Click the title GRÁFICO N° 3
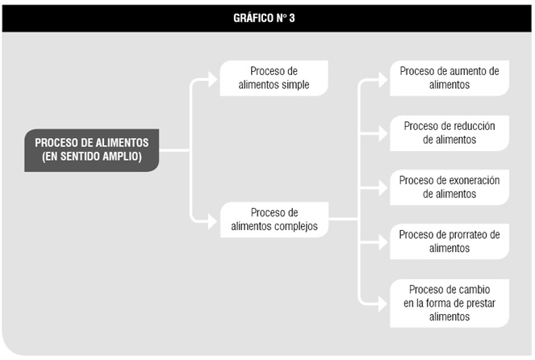click(x=264, y=18)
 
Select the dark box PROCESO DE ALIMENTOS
click(x=92, y=150)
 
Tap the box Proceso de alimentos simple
click(x=274, y=78)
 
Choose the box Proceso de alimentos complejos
click(x=274, y=220)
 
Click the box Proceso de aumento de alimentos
click(x=449, y=78)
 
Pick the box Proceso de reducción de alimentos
click(x=449, y=133)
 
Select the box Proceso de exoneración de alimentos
click(x=449, y=187)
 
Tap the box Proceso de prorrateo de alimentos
click(x=449, y=241)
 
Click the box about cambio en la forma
click(x=449, y=303)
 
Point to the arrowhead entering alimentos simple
click(x=213, y=80)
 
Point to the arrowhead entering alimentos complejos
click(x=213, y=221)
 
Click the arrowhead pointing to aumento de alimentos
click(x=383, y=80)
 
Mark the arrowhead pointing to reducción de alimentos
click(x=383, y=133)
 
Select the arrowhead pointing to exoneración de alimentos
click(x=383, y=188)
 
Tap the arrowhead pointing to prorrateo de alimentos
click(x=383, y=242)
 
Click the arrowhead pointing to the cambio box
click(x=383, y=303)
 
